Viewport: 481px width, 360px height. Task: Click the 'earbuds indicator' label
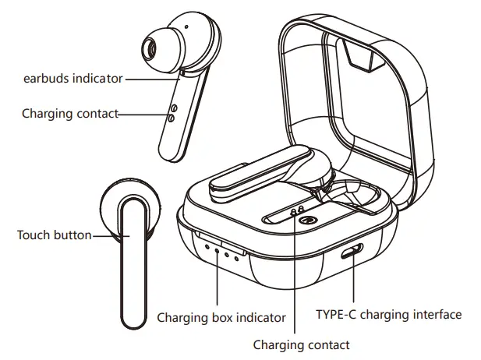[72, 79]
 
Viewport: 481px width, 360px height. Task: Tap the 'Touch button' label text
[54, 235]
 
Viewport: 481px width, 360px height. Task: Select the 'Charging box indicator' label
[221, 317]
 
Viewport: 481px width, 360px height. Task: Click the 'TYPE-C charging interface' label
[388, 315]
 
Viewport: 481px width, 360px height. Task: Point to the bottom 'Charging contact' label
[302, 344]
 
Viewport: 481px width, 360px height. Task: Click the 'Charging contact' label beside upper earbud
[70, 114]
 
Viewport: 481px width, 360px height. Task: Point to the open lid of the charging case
[355, 94]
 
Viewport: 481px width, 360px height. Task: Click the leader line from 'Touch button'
[105, 235]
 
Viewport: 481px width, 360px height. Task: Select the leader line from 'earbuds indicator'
[152, 79]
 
